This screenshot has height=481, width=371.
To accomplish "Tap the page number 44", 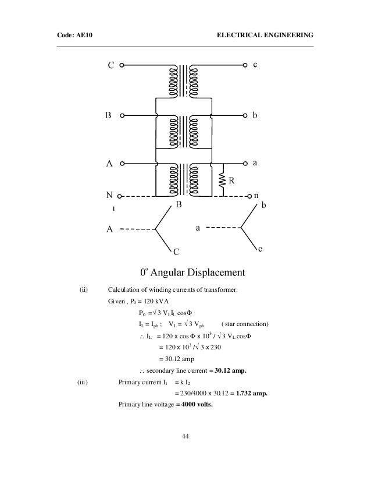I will coord(185,437).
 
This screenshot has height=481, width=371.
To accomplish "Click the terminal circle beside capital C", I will coord(122,66).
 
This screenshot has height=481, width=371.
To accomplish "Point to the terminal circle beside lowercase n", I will coord(249,196).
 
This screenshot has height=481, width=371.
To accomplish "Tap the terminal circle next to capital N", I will coord(122,196).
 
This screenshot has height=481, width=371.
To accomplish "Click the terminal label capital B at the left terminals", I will coord(108,116).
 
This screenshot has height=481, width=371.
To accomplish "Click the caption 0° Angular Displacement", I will coord(192,272).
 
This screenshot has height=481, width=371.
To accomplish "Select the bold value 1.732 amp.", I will coord(252,393).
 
